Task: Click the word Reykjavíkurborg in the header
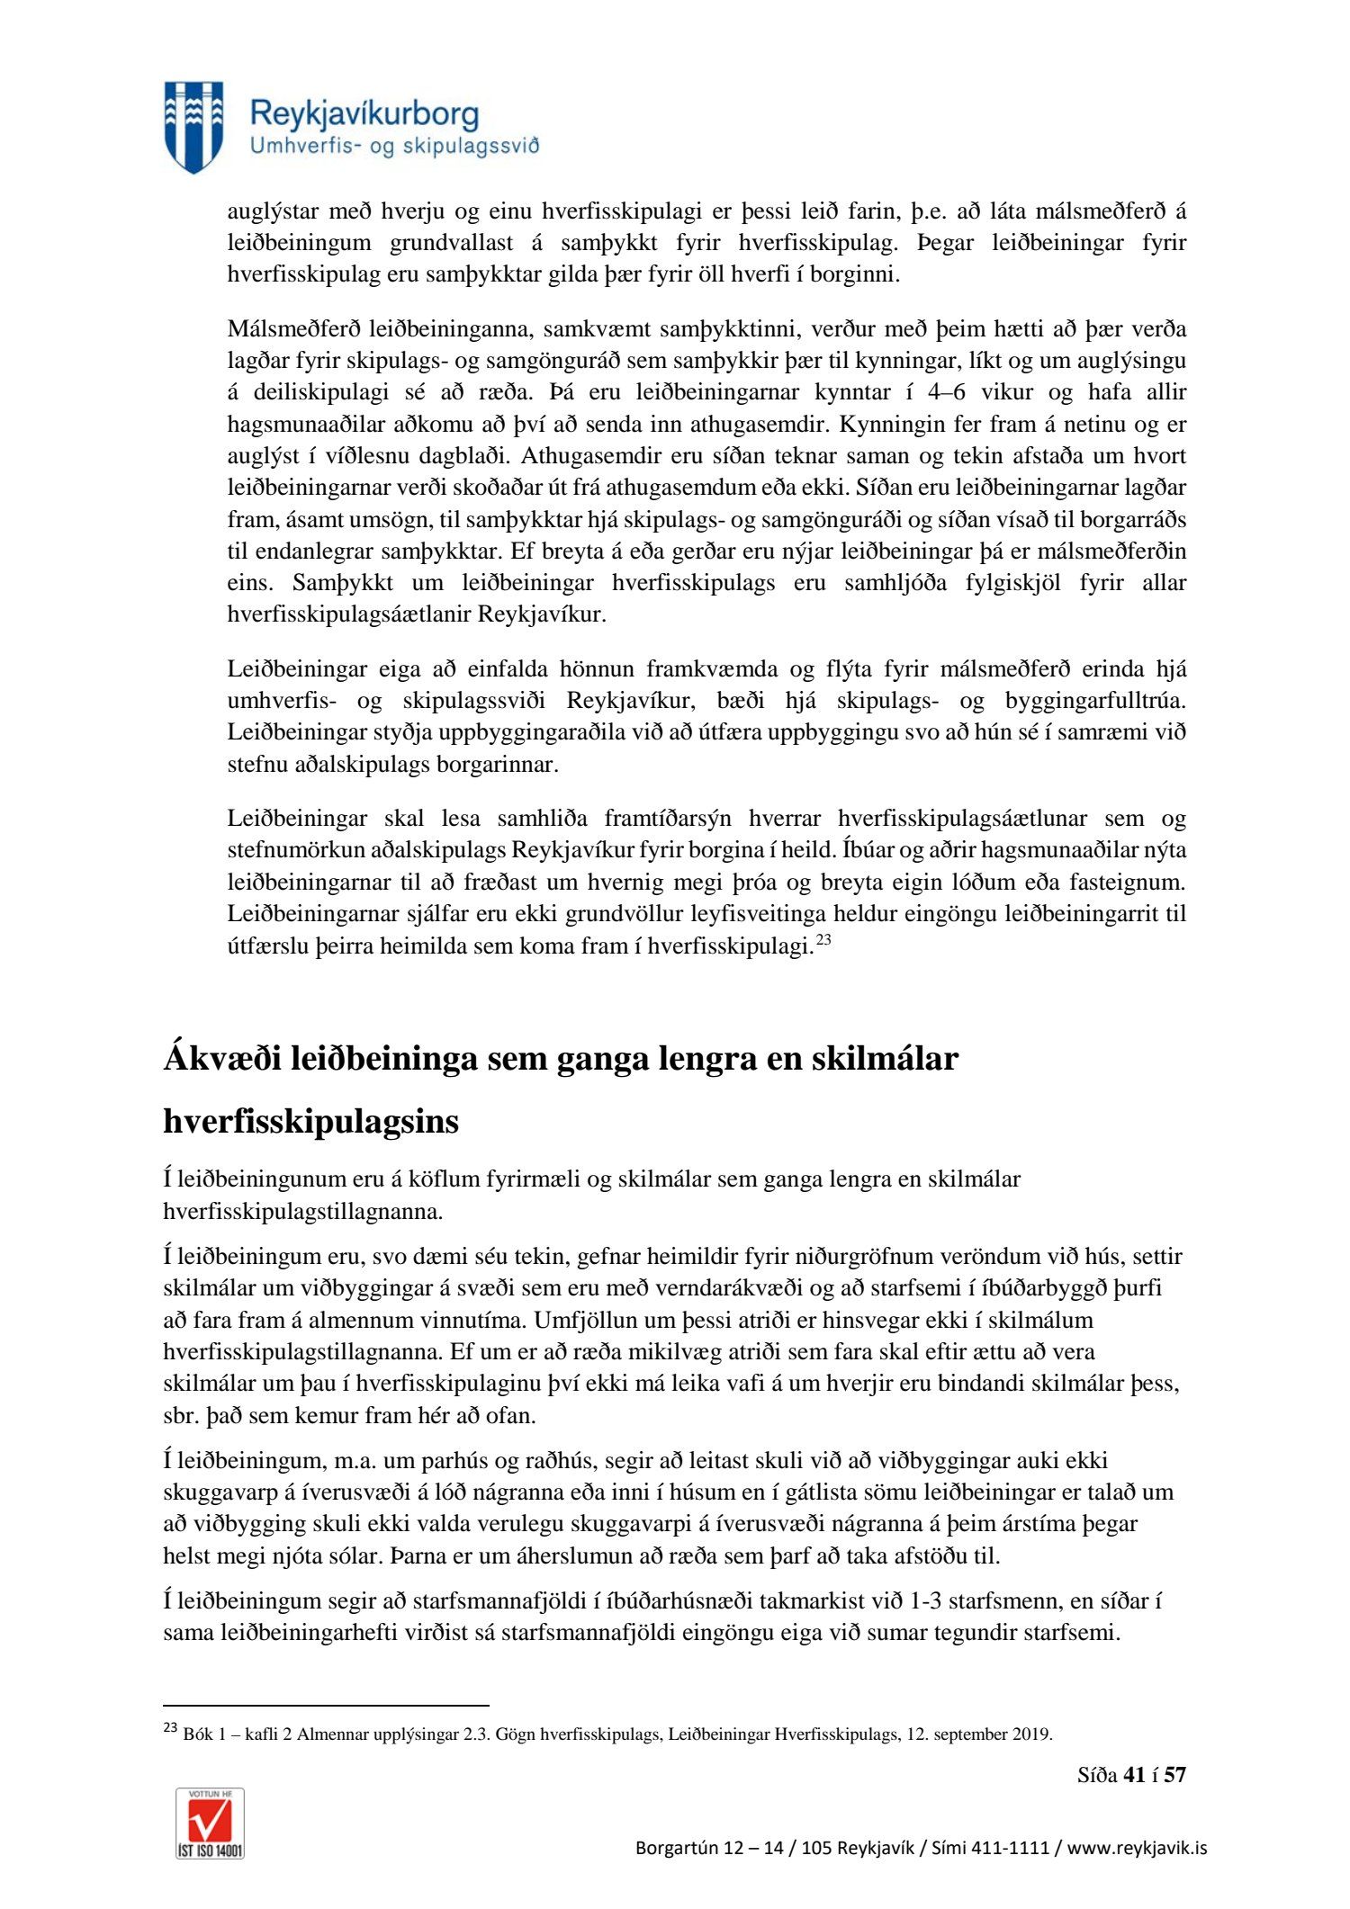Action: pyautogui.click(x=364, y=114)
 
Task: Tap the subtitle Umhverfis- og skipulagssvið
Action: pyautogui.click(x=394, y=147)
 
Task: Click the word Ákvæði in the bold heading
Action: pyautogui.click(x=221, y=1058)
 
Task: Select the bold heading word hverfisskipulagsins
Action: pyautogui.click(x=310, y=1122)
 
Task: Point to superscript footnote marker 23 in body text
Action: pyautogui.click(x=823, y=941)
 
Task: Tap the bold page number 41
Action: pyautogui.click(x=1135, y=1775)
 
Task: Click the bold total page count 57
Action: pyautogui.click(x=1174, y=1775)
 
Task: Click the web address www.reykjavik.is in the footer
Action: pyautogui.click(x=1137, y=1848)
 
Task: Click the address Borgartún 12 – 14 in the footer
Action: pyautogui.click(x=711, y=1848)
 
